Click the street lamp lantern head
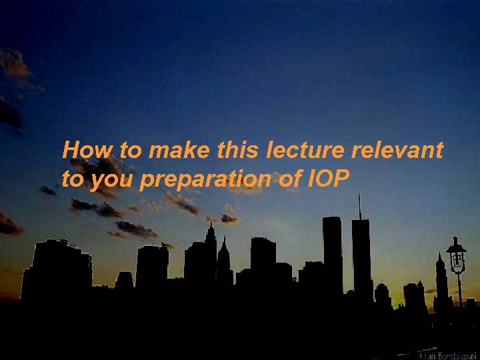(x=456, y=255)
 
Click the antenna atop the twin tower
(x=359, y=205)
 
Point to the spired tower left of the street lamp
(x=439, y=277)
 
